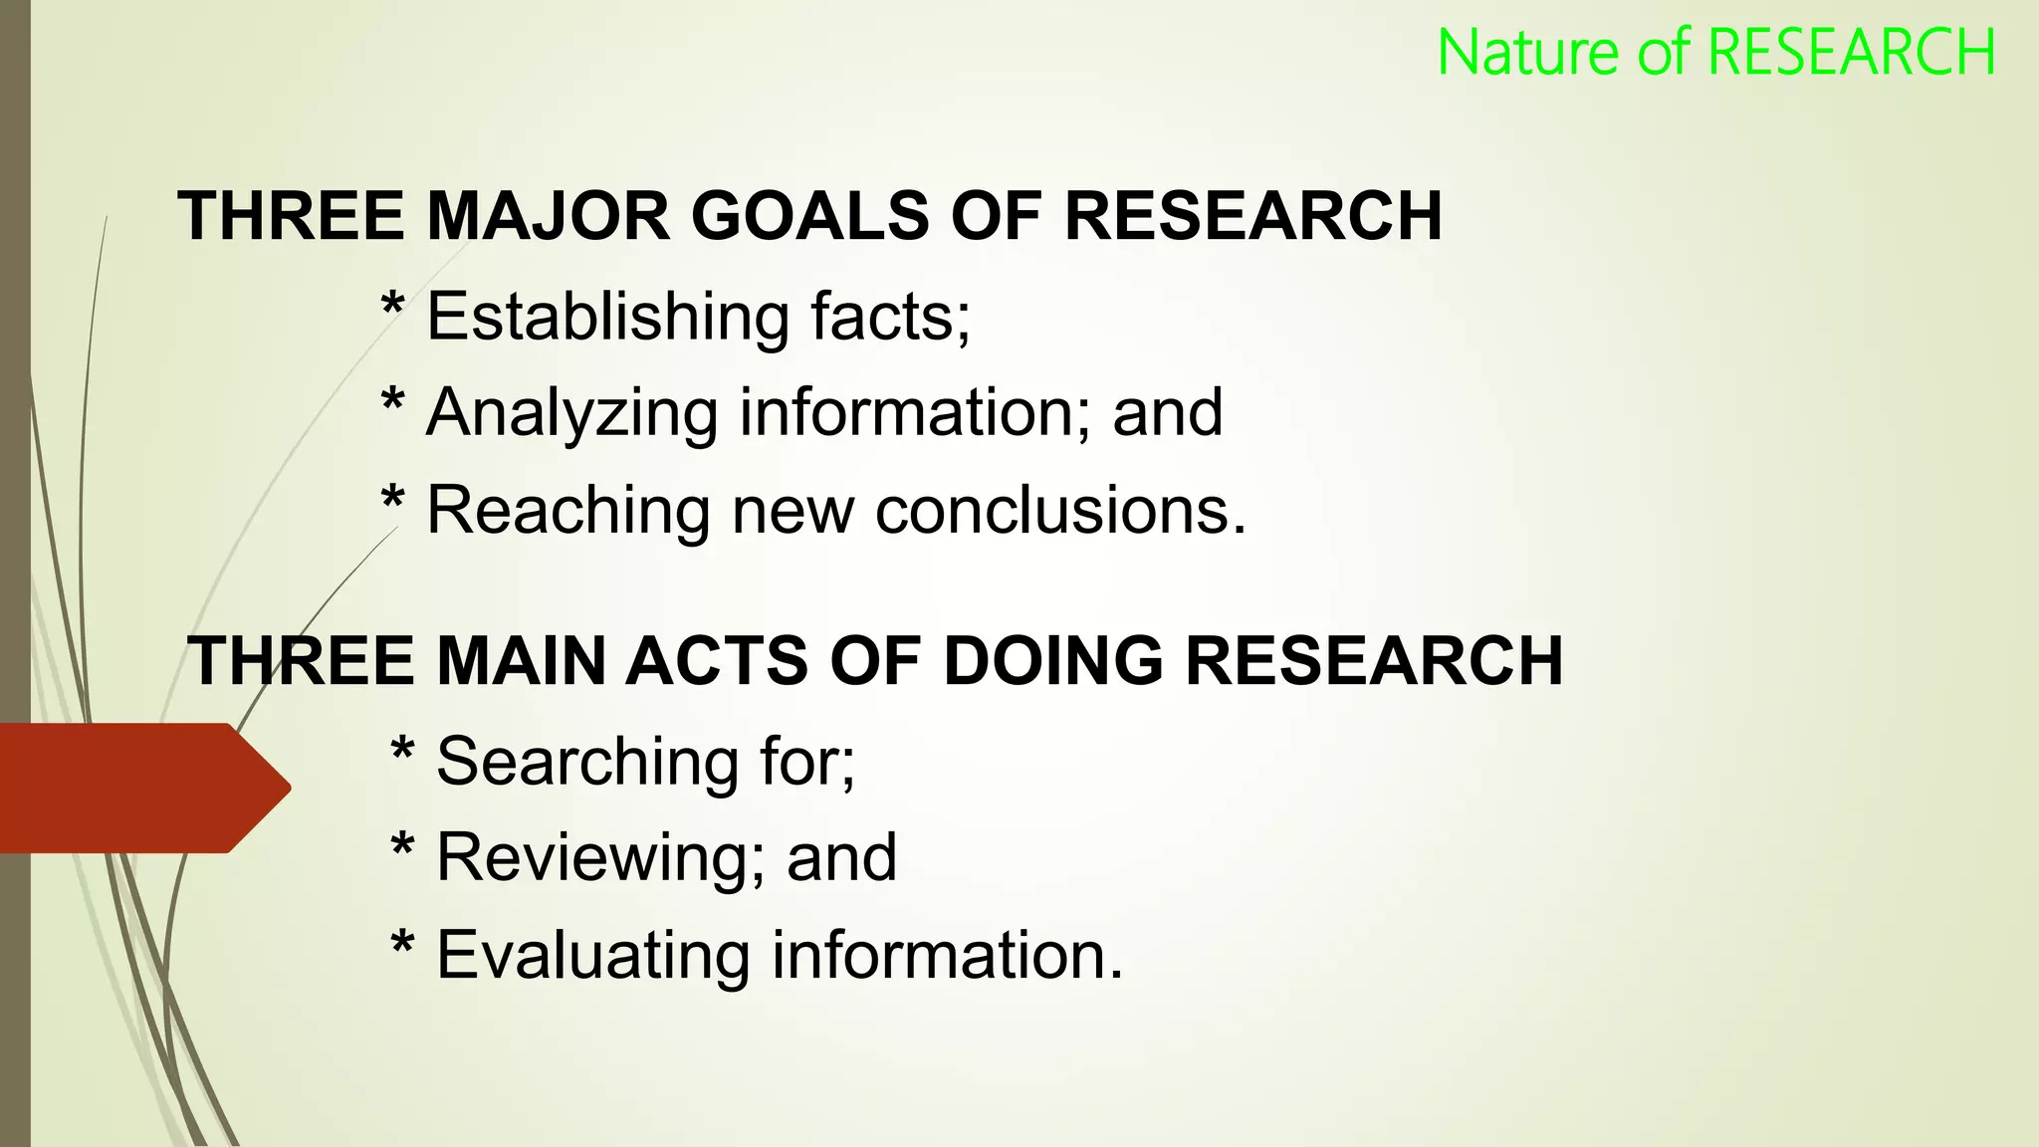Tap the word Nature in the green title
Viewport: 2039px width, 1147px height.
pos(1528,53)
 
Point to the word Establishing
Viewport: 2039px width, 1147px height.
pos(608,318)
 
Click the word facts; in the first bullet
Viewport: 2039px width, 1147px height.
pos(890,318)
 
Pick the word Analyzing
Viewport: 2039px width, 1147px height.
pos(571,413)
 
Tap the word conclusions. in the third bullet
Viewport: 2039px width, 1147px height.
pos(1060,511)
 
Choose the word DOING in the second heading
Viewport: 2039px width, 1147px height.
pos(1052,661)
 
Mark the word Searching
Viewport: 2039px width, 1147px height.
pos(587,763)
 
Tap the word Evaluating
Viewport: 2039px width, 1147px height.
pos(593,956)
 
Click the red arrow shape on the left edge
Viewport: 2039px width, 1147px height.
pos(139,788)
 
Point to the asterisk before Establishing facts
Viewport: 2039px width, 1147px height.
pos(393,305)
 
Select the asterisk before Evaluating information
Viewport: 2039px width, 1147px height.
pos(402,942)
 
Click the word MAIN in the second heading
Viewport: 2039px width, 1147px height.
pos(521,661)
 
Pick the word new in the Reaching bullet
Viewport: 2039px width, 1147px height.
pos(793,511)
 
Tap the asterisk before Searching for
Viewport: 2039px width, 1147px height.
pos(402,749)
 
